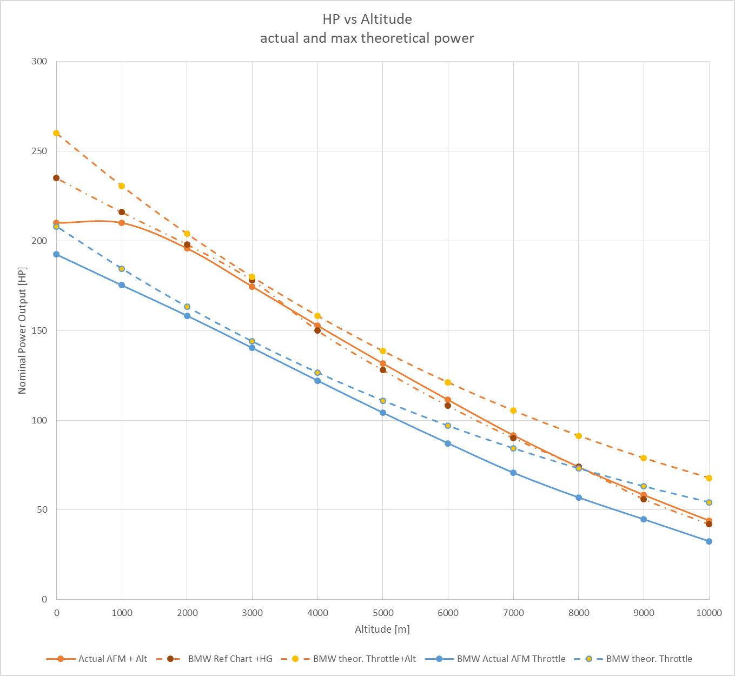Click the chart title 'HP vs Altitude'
point(367,19)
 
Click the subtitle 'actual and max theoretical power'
point(367,38)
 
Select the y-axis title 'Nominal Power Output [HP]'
point(22,330)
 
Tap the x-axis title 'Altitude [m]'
point(382,629)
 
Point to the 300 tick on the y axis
point(39,62)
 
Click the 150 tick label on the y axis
point(39,330)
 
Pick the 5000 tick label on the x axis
point(383,613)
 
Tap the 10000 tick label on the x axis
point(708,613)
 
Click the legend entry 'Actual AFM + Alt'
point(112,659)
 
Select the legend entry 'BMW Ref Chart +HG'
point(230,659)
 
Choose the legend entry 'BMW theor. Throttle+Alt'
point(365,659)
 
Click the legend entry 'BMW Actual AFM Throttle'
point(511,659)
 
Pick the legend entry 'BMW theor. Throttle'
point(649,659)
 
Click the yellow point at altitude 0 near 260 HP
point(56,133)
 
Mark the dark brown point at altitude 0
point(56,178)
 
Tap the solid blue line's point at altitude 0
point(56,254)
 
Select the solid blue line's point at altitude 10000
point(709,541)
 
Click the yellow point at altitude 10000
point(709,478)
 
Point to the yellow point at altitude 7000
point(513,410)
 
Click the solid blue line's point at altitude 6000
point(448,443)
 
